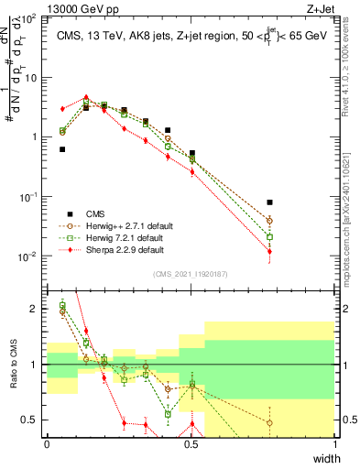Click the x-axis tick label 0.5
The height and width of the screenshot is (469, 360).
pyautogui.click(x=191, y=444)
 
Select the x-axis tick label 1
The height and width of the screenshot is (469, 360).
pyautogui.click(x=334, y=444)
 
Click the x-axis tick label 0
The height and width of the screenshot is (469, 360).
pyautogui.click(x=47, y=444)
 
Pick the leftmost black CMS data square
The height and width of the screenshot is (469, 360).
pyautogui.click(x=62, y=149)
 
